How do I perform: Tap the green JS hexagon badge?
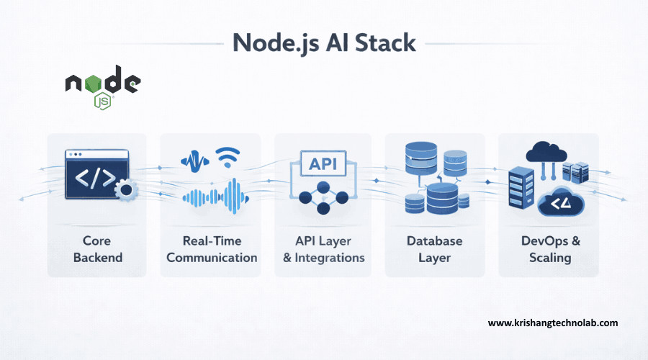click(x=102, y=100)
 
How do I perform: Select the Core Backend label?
click(x=97, y=249)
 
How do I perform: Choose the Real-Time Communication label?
click(x=210, y=249)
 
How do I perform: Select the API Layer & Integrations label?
click(x=323, y=249)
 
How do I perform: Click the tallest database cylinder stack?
click(x=419, y=162)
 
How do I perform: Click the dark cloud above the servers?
click(x=547, y=151)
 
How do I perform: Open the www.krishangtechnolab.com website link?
click(x=553, y=323)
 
